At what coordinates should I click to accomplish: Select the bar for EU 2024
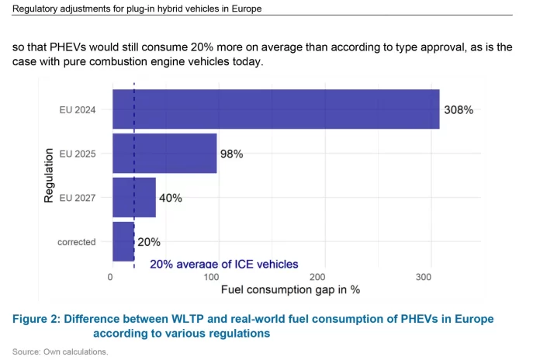(x=275, y=109)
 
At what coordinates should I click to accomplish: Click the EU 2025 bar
(x=164, y=154)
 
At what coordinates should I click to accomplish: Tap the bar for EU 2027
(x=133, y=198)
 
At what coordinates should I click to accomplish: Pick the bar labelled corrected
(x=123, y=241)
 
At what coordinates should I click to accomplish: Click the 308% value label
(x=459, y=109)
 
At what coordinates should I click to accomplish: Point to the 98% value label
(x=232, y=154)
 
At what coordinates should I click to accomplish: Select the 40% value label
(x=171, y=198)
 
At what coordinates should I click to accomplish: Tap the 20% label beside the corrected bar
(x=149, y=241)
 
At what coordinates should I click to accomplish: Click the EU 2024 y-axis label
(x=77, y=109)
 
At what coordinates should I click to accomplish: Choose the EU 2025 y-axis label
(x=77, y=154)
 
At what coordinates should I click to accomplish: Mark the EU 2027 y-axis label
(x=77, y=198)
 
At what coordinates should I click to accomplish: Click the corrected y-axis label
(x=76, y=241)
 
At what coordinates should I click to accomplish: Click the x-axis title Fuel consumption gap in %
(x=290, y=289)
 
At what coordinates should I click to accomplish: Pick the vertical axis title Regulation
(x=48, y=176)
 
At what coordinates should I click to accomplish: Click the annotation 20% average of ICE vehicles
(x=223, y=265)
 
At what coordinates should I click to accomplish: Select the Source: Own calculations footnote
(x=60, y=351)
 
